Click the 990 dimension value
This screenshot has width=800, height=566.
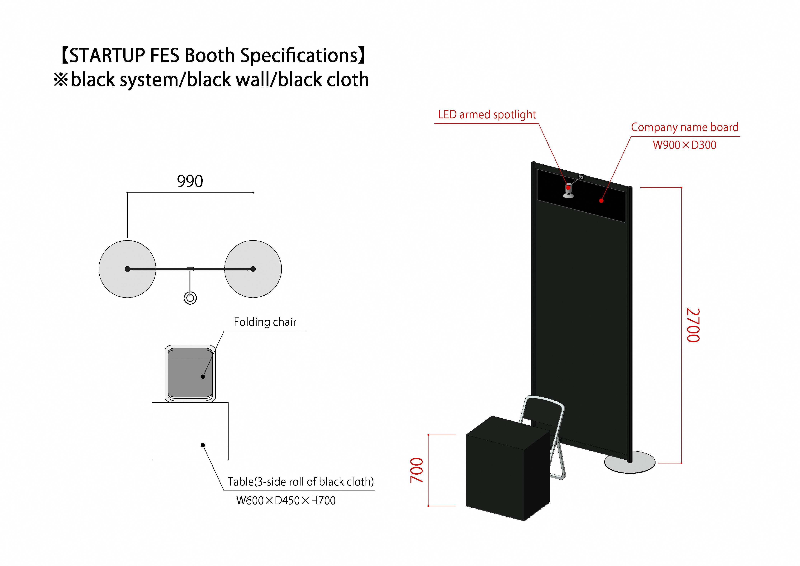[x=190, y=181]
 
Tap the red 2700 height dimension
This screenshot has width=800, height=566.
[x=693, y=325]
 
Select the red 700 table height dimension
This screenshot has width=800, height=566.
[x=417, y=470]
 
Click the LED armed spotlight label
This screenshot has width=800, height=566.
[x=487, y=114]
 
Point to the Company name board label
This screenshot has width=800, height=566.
[x=685, y=127]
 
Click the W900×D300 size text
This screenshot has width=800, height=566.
[x=684, y=145]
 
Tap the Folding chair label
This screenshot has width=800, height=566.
[x=265, y=322]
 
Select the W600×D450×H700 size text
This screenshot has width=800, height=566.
[x=286, y=501]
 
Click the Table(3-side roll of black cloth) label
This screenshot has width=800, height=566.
[x=301, y=482]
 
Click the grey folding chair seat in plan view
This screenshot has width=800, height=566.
[x=190, y=373]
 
